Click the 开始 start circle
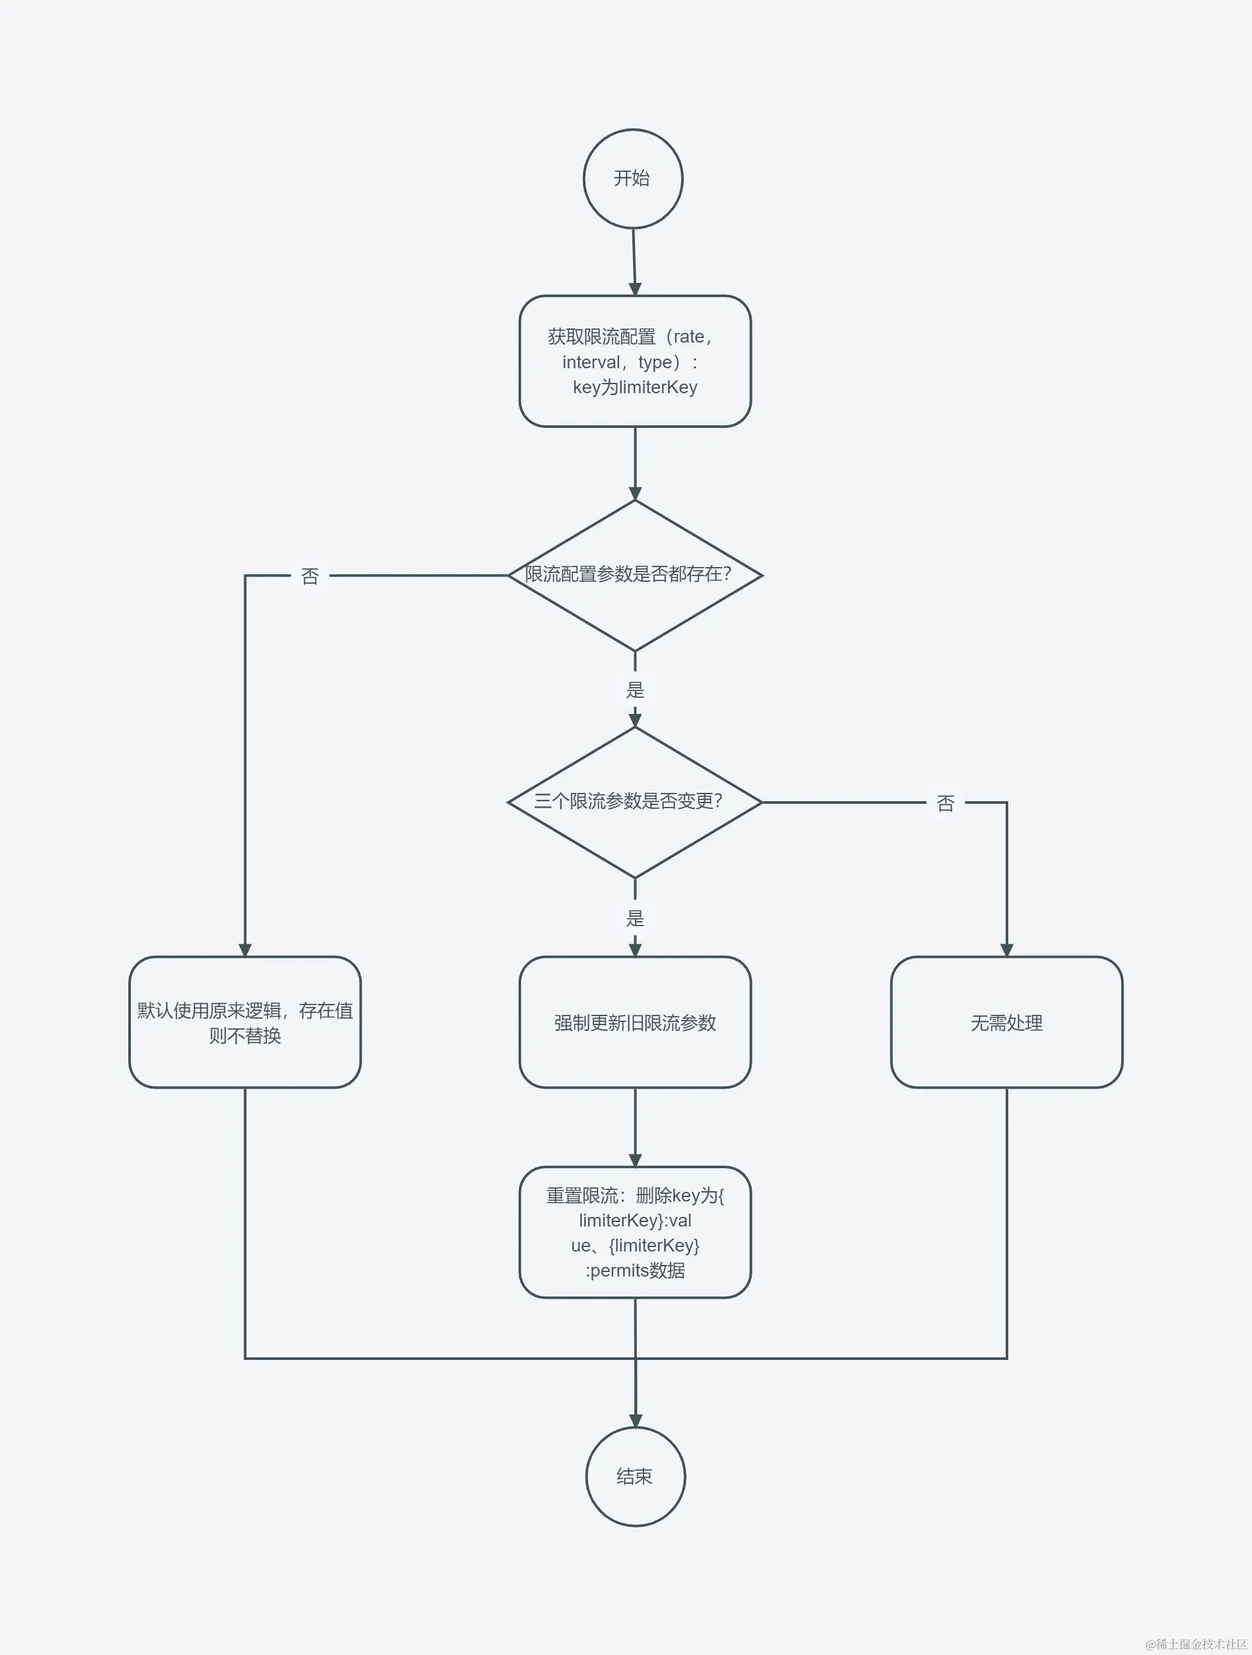(x=632, y=179)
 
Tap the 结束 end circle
(x=635, y=1476)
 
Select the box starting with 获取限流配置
(x=635, y=361)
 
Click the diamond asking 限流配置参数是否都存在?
(x=635, y=575)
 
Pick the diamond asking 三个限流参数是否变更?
(x=635, y=802)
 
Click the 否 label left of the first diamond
(x=310, y=576)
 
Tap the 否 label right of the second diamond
(x=945, y=803)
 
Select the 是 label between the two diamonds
(x=635, y=689)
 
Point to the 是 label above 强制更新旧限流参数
(x=635, y=917)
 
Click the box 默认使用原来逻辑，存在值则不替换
(x=244, y=1022)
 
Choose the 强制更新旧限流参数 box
(x=635, y=1022)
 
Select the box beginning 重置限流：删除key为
(x=635, y=1232)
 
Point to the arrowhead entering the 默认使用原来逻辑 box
(x=244, y=949)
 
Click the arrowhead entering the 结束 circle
(x=635, y=1420)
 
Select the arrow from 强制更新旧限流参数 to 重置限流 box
(x=635, y=1126)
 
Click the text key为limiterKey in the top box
(x=635, y=387)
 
